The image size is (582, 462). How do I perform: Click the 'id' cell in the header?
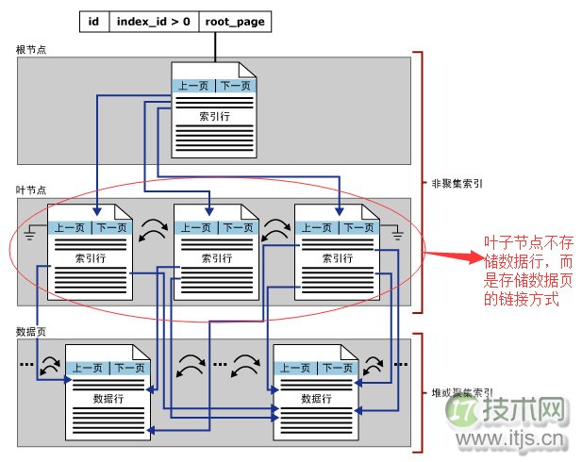pos(93,20)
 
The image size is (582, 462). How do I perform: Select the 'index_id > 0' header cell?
pos(153,20)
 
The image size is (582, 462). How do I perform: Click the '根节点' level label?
pos(30,48)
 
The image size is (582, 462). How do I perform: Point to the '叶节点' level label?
pos(30,190)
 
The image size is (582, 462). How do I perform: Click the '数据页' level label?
pos(30,331)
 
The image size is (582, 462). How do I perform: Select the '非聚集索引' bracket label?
pos(457,186)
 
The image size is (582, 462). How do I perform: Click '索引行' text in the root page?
pos(213,117)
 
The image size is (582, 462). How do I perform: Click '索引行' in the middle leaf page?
pos(216,257)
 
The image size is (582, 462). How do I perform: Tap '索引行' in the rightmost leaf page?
pos(337,257)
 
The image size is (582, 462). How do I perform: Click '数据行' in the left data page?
pos(108,399)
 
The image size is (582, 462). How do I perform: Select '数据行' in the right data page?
pos(315,399)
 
